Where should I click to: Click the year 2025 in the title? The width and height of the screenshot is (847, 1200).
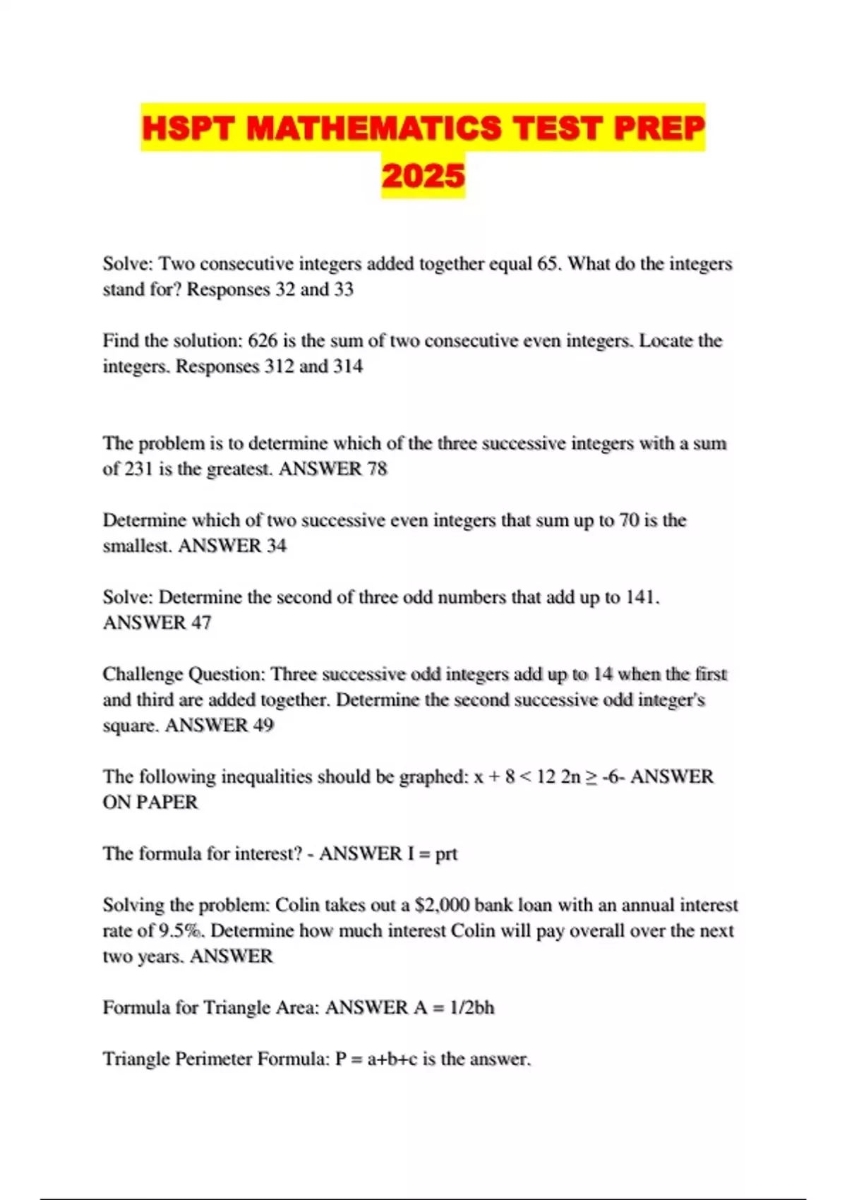[x=423, y=176]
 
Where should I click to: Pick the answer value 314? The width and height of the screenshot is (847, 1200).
[x=348, y=366]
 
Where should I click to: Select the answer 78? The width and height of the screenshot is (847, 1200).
[x=377, y=469]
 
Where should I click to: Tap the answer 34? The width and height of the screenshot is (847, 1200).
[x=276, y=546]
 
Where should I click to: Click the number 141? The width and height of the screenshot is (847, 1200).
[x=642, y=598]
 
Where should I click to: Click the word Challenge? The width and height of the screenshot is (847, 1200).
[x=143, y=675]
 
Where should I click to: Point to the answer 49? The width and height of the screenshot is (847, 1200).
[x=263, y=726]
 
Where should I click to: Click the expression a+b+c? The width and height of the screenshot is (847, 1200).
[x=392, y=1060]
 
